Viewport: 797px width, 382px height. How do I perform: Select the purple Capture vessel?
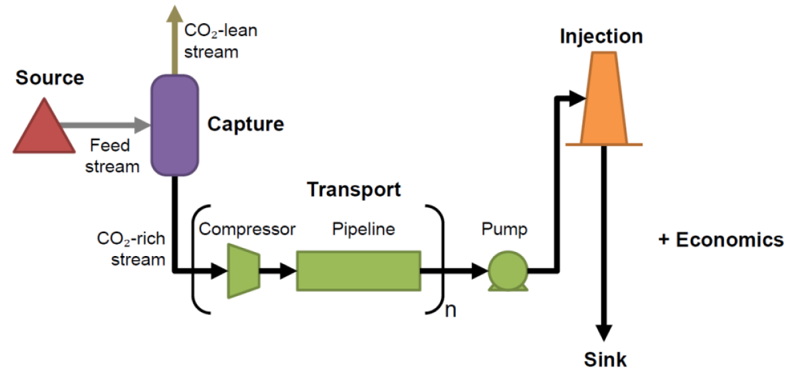174,125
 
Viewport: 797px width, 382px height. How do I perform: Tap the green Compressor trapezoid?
244,270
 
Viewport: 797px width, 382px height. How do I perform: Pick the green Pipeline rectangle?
359,271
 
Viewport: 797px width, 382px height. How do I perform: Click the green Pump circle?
508,272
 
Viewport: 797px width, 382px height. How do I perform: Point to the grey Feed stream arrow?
105,123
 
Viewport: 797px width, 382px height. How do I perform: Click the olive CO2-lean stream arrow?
174,40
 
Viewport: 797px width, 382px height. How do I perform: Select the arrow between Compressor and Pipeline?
278,271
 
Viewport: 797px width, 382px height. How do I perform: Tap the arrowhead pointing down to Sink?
604,332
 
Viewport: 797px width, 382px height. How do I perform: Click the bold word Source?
50,78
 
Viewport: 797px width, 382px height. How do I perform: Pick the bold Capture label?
246,123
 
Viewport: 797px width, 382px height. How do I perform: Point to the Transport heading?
354,189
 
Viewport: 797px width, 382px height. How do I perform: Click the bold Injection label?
601,37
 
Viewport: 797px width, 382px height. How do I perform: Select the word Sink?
605,360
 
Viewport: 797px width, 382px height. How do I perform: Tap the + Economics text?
721,240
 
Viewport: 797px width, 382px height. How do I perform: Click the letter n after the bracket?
450,310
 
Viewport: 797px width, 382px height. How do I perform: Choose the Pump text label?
505,230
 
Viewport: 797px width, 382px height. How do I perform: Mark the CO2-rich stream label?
131,249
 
